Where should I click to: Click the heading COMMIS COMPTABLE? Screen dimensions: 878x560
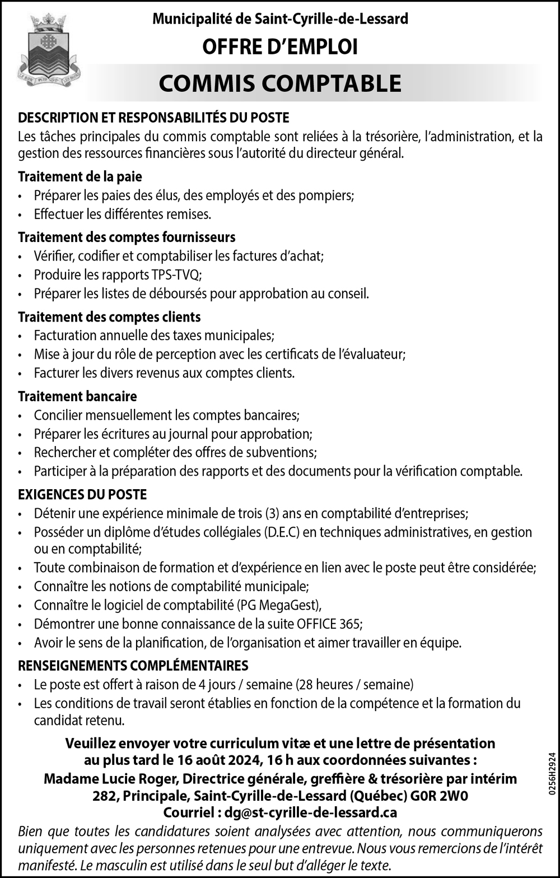[x=280, y=83]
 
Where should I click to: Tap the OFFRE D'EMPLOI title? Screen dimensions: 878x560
[x=280, y=47]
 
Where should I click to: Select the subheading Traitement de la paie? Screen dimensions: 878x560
[x=80, y=176]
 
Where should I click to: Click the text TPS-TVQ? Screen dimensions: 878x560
[x=175, y=275]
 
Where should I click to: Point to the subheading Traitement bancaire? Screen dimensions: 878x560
[x=77, y=396]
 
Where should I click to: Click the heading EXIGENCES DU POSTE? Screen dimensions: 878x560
[x=82, y=494]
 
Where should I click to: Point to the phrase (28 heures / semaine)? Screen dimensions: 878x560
[x=354, y=684]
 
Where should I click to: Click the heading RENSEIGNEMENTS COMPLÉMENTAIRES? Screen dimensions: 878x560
[x=133, y=666]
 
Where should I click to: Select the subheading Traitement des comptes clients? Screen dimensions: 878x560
[x=109, y=317]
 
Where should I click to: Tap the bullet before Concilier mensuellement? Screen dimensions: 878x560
[x=21, y=416]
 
